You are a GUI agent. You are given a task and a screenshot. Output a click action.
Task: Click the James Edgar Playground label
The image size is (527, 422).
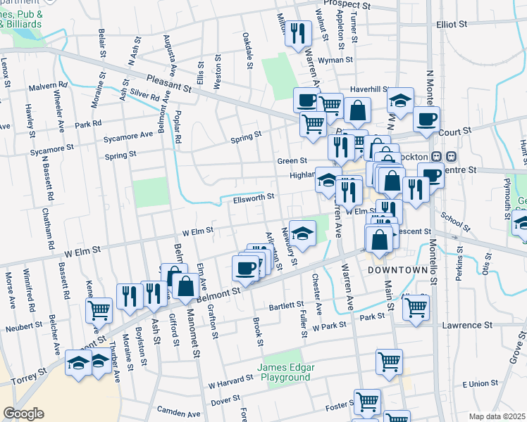283,372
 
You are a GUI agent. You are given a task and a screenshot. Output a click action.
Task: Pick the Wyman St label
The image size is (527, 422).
334,60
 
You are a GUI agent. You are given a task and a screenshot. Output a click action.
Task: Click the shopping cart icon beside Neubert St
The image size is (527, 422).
99,309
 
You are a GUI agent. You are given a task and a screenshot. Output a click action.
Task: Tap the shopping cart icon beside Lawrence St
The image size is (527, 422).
416,306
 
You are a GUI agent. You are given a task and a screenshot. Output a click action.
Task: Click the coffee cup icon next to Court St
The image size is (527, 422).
426,120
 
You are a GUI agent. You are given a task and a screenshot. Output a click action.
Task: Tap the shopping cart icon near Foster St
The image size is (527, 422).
367,402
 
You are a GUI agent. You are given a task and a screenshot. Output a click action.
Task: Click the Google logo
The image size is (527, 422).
24,413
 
